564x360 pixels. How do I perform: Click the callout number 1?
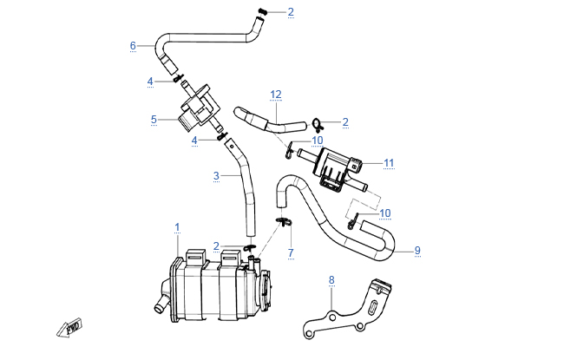click(177, 227)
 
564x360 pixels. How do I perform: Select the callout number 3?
click(215, 174)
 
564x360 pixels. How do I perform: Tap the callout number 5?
click(153, 120)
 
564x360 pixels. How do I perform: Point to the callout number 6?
click(133, 45)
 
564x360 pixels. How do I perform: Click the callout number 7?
click(291, 253)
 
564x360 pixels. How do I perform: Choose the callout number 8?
click(331, 279)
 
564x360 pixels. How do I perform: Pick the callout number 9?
click(417, 251)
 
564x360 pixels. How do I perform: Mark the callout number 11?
click(389, 162)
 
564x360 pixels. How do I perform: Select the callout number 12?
click(276, 93)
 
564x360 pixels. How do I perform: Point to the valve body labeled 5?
click(198, 109)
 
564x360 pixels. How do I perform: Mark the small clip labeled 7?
click(282, 222)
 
